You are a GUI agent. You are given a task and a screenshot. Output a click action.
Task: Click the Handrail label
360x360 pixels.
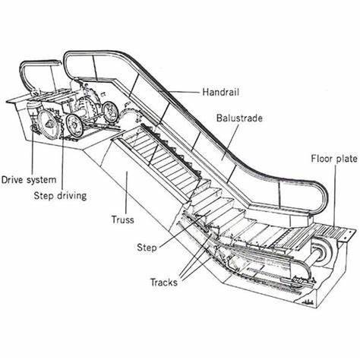point(220,92)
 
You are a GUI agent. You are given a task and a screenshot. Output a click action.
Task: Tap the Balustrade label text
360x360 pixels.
point(239,118)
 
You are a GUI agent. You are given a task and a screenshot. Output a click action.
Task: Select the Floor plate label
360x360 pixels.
point(334,159)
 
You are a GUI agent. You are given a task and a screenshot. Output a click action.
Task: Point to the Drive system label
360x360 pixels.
point(29,180)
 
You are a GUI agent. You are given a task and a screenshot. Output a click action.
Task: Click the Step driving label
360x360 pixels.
point(60,196)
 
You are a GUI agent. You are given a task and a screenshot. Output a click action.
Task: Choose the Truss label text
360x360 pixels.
point(123,219)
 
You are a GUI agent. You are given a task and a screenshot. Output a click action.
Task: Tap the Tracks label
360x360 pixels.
point(164,282)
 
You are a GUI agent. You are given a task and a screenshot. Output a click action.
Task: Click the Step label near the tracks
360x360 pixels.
point(147,248)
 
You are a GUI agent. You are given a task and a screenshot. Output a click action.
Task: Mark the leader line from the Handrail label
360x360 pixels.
point(184,92)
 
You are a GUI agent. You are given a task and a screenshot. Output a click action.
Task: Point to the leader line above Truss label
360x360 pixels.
point(126,193)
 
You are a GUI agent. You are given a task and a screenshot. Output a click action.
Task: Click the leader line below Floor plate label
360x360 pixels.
point(335,195)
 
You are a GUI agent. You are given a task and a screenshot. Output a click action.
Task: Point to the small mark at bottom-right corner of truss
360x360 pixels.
point(308,302)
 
